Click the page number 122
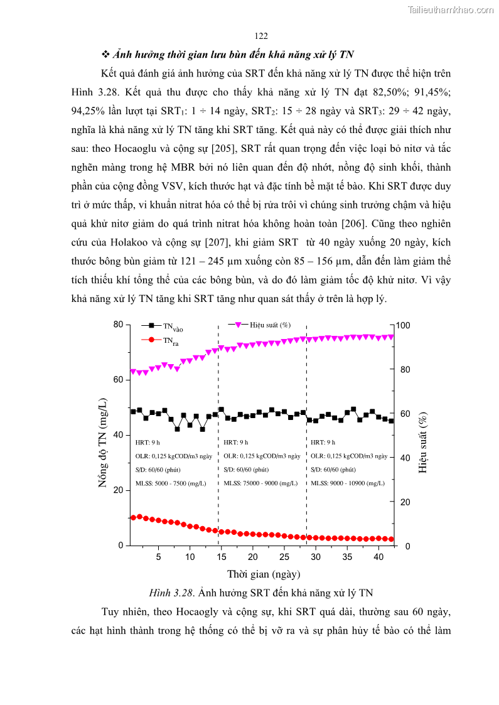262,36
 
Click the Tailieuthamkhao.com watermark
451,9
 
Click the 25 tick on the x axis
284,557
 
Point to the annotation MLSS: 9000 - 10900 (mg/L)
348,483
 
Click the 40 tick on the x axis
378,557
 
